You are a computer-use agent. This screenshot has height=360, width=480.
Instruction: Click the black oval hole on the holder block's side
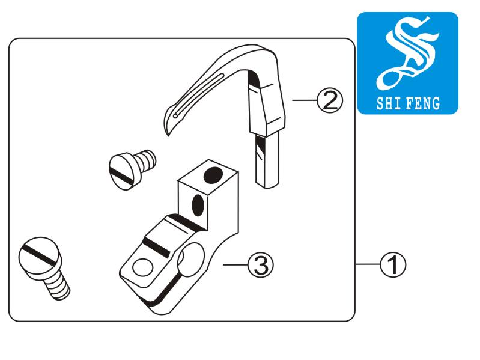196,206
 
